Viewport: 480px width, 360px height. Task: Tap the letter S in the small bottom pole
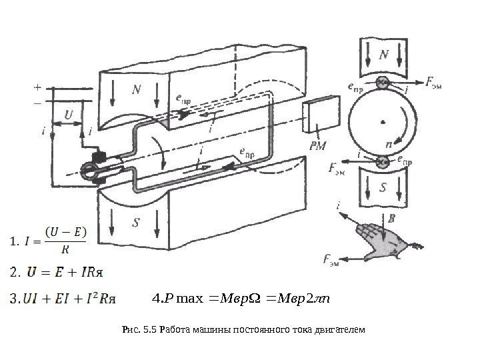tap(383, 188)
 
